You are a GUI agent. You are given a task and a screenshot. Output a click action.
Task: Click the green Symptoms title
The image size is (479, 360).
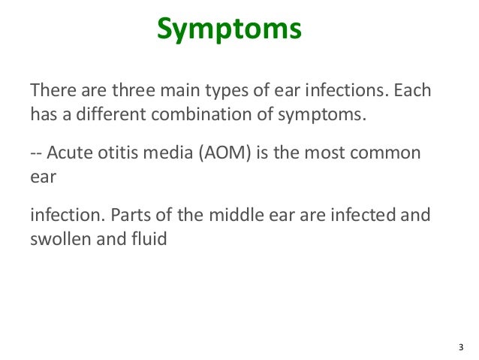(x=229, y=31)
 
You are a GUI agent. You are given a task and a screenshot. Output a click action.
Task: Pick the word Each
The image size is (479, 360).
(x=413, y=91)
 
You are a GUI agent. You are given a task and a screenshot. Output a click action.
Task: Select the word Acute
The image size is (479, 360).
(x=70, y=154)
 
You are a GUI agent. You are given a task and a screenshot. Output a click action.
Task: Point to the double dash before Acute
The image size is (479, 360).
(x=36, y=155)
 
